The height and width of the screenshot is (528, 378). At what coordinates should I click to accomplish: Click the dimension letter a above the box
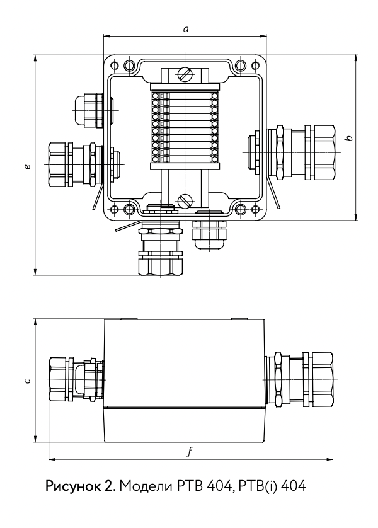pos(185,29)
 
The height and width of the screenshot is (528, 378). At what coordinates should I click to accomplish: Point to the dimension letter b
pos(349,138)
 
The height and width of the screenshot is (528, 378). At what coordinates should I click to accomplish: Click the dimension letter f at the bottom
pos(190,452)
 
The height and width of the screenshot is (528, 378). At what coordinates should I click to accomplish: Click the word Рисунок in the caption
pos(71,486)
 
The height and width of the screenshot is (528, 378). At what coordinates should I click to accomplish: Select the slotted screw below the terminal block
pos(185,201)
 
